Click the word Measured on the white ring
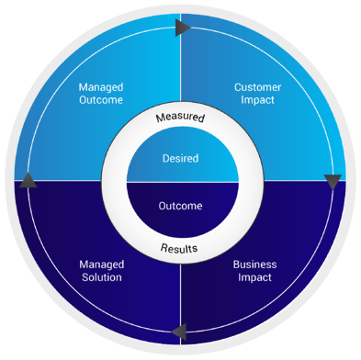[x=180, y=118]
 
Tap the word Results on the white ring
[x=180, y=248]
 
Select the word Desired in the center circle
[x=180, y=157]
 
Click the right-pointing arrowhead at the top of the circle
[x=183, y=28]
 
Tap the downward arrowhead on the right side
[x=333, y=182]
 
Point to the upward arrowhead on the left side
[x=28, y=179]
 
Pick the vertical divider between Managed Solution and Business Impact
[x=180, y=294]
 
